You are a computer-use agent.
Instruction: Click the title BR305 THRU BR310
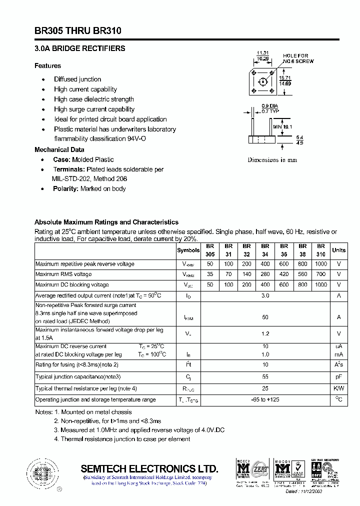tap(77, 31)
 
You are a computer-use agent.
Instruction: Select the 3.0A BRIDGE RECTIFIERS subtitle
tap(79, 48)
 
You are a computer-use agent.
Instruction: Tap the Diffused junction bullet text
tap(77, 79)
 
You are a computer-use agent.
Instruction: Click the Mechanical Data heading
tap(59, 149)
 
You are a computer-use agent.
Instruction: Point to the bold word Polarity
tap(65, 188)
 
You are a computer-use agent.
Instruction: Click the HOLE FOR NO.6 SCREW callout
tap(298, 58)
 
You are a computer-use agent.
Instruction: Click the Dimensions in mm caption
tap(272, 160)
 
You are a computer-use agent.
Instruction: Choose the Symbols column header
tap(188, 250)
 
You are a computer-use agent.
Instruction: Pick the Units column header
tap(338, 250)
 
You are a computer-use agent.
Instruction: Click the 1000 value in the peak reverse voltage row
tap(320, 263)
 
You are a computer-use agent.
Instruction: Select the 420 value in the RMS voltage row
tap(284, 274)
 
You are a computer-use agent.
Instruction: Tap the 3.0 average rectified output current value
tap(265, 295)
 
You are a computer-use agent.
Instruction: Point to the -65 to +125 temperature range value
tap(265, 399)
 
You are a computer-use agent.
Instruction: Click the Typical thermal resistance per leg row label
tap(86, 388)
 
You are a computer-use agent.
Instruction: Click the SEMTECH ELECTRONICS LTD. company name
tap(149, 468)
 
